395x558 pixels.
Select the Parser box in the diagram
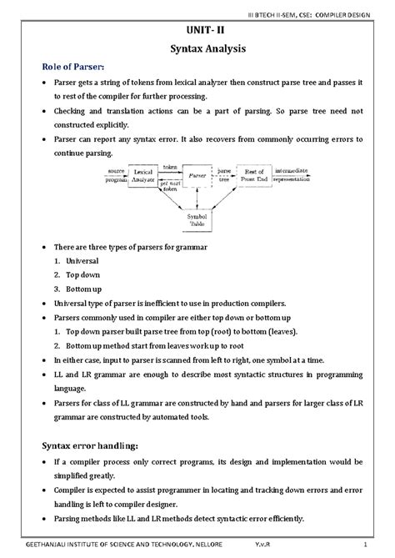[x=197, y=176]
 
